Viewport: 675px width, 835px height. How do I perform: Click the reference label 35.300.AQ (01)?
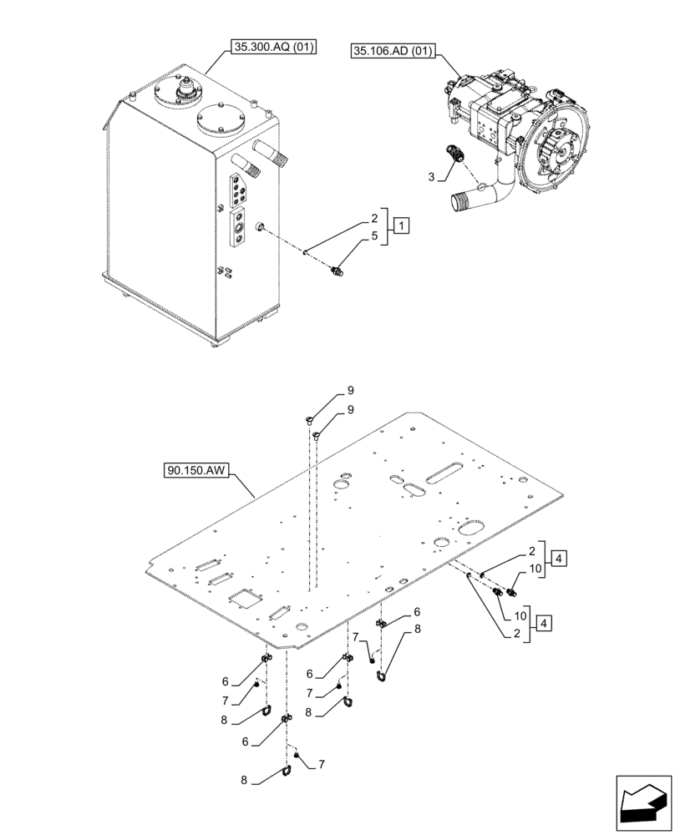269,48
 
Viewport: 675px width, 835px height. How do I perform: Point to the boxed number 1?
401,225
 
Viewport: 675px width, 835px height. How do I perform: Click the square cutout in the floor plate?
245,596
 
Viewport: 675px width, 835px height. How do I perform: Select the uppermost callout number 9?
351,390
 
